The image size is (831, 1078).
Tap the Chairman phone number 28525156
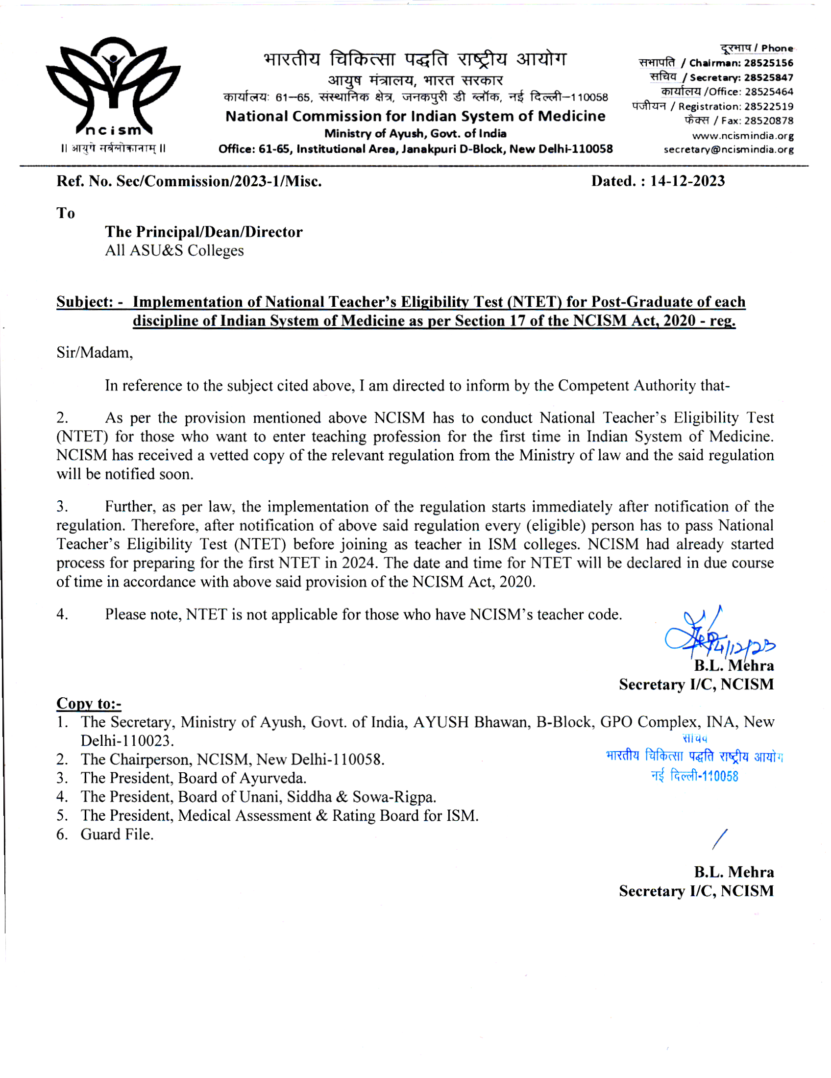pos(768,63)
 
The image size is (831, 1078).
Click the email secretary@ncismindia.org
pos(729,149)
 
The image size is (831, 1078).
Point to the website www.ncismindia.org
pos(743,136)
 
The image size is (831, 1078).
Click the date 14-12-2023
pos(687,181)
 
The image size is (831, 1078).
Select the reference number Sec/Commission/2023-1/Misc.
pos(219,182)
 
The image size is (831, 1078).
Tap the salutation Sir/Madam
pos(94,352)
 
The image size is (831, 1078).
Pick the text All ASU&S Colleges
pos(174,251)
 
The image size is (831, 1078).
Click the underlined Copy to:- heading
pos(89,703)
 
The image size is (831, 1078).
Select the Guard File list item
pos(117,834)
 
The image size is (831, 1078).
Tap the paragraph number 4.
pos(62,614)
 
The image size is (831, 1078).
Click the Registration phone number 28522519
pos(769,107)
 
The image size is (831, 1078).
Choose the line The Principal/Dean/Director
pos(203,232)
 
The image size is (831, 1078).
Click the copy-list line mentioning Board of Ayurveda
pos(194,779)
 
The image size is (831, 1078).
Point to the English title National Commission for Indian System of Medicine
pos(415,117)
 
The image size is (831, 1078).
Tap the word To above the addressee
pos(66,213)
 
